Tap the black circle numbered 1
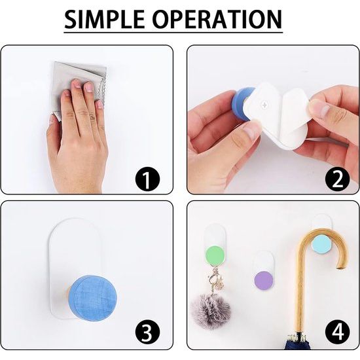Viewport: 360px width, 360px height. click(x=147, y=179)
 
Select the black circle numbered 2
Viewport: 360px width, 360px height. click(x=337, y=179)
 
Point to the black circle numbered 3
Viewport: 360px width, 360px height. click(x=147, y=332)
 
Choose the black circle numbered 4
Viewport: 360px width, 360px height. click(x=337, y=332)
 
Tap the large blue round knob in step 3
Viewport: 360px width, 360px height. click(x=92, y=298)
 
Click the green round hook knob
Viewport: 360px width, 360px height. click(x=215, y=255)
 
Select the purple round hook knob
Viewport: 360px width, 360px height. click(x=264, y=281)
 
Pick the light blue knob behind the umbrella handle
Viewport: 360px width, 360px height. click(x=321, y=245)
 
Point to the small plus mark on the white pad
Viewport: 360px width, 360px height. click(x=265, y=105)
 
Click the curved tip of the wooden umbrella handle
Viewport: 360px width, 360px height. click(x=340, y=267)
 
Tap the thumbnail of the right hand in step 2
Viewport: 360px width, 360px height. click(x=317, y=108)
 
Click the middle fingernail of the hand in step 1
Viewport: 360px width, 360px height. click(x=88, y=87)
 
